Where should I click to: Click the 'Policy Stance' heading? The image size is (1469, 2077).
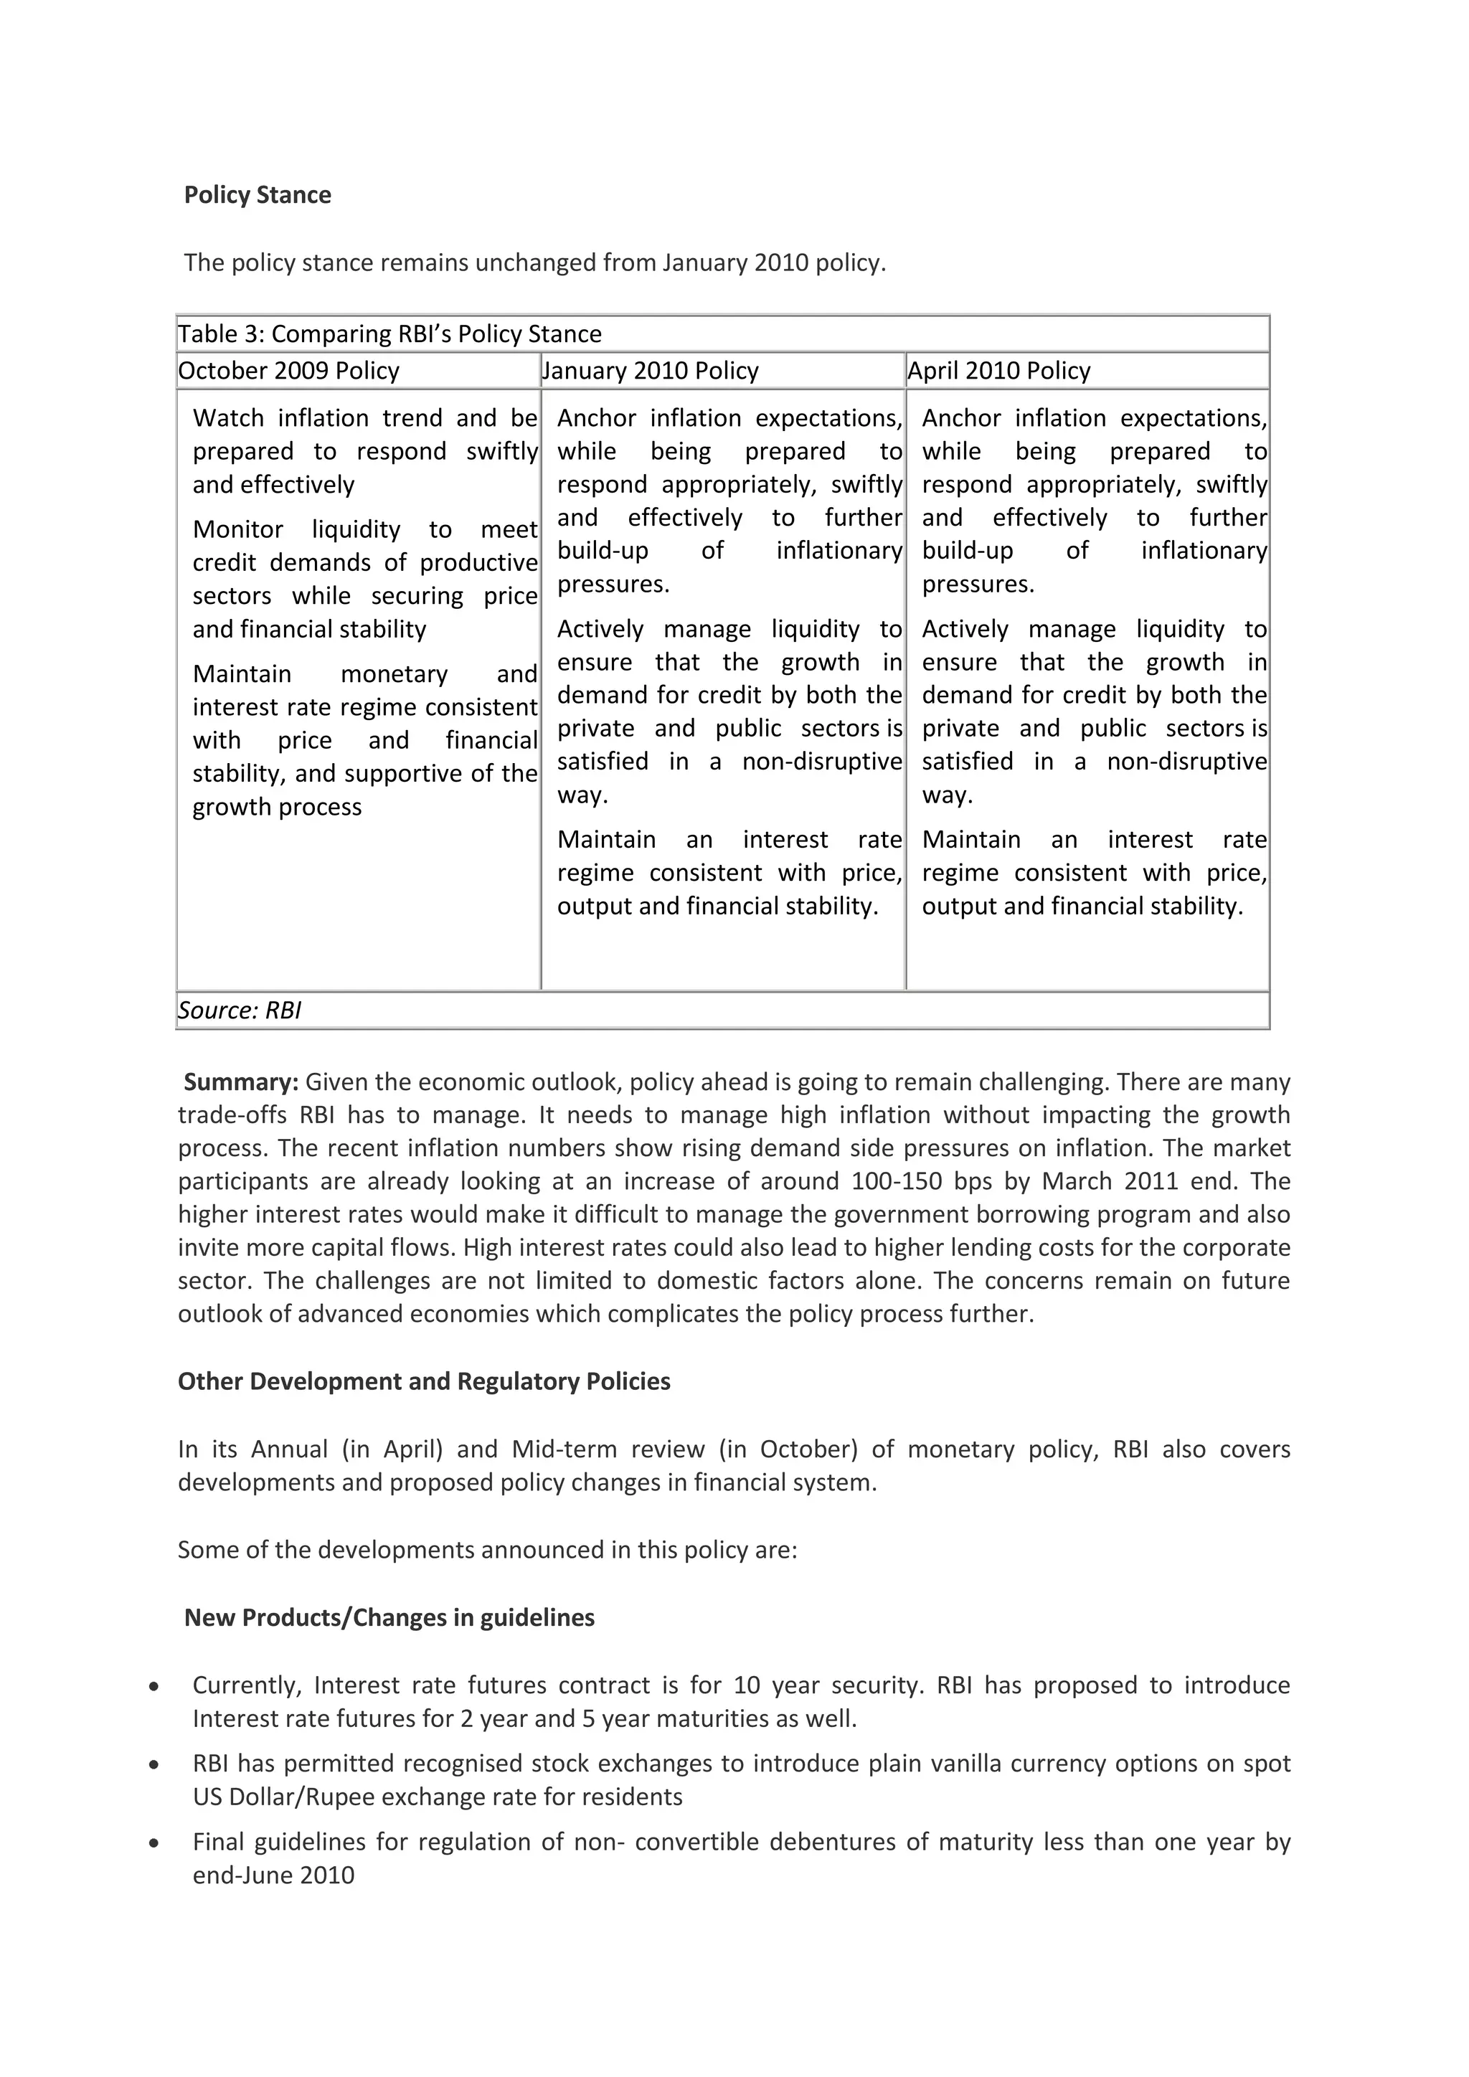click(x=257, y=195)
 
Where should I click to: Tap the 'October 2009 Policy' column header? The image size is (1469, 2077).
click(x=288, y=371)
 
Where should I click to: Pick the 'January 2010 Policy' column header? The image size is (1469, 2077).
click(x=651, y=371)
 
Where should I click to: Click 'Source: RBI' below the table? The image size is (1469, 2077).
click(x=240, y=1011)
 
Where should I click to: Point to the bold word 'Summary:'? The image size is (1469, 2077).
click(x=240, y=1082)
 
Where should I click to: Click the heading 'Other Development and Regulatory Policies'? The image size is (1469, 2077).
click(x=423, y=1381)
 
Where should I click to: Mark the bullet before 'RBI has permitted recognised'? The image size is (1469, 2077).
click(x=155, y=1766)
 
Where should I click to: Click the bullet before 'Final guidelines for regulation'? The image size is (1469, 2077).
click(x=155, y=1844)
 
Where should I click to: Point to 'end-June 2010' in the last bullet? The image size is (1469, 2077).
click(x=273, y=1875)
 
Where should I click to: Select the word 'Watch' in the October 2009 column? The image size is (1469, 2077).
click(x=227, y=419)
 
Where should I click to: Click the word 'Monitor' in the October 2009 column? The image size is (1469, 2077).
click(x=238, y=530)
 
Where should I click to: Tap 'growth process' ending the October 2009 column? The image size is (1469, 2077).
click(x=277, y=807)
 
